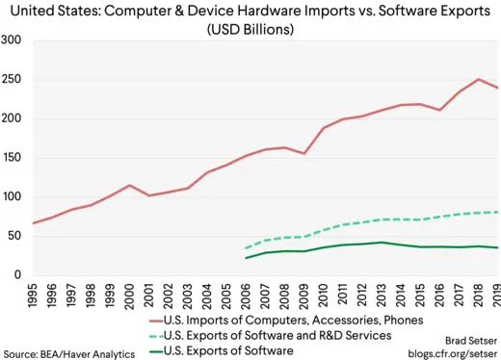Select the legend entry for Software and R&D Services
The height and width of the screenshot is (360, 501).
point(280,334)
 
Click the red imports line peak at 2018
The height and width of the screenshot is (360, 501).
point(479,79)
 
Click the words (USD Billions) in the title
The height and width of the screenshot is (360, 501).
point(250,29)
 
